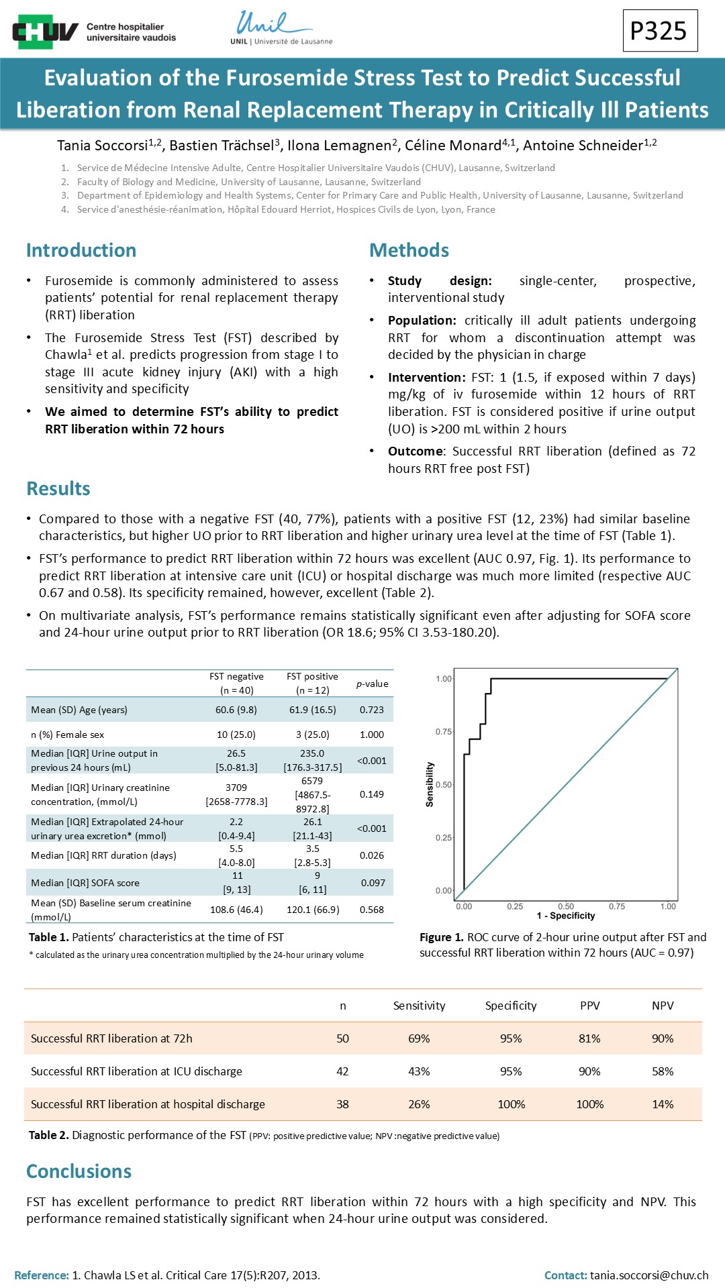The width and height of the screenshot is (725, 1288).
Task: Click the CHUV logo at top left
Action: (x=94, y=32)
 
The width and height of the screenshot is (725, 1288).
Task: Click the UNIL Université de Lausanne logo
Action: (x=281, y=28)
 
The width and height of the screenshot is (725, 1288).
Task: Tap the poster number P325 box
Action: (x=659, y=31)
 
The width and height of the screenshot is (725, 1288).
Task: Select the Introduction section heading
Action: (x=81, y=250)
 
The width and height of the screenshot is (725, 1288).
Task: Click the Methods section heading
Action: (x=409, y=250)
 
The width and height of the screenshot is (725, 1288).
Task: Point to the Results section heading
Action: (x=58, y=488)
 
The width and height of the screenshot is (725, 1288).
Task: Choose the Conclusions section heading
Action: (x=79, y=1171)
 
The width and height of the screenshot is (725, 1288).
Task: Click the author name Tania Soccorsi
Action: (x=102, y=146)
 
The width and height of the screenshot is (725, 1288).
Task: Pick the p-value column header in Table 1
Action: (x=372, y=684)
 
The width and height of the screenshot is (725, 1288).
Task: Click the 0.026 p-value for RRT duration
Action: (x=372, y=855)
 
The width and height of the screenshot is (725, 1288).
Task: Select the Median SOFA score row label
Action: (x=85, y=883)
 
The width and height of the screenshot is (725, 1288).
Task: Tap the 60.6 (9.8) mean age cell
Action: (x=236, y=710)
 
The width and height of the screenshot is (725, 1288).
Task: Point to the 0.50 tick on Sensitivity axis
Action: (x=444, y=784)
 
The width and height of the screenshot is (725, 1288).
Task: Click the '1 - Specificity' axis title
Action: (x=566, y=916)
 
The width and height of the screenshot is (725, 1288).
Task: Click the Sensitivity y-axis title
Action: (x=430, y=784)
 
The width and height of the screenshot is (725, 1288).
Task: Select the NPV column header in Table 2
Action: (x=663, y=1006)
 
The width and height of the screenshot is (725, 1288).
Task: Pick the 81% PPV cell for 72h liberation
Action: (x=589, y=1038)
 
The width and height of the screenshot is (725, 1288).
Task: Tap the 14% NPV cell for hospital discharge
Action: (x=663, y=1104)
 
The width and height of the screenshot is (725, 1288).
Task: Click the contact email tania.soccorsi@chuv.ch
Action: (x=649, y=1275)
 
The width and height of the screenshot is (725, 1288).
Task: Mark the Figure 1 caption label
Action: (x=442, y=937)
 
